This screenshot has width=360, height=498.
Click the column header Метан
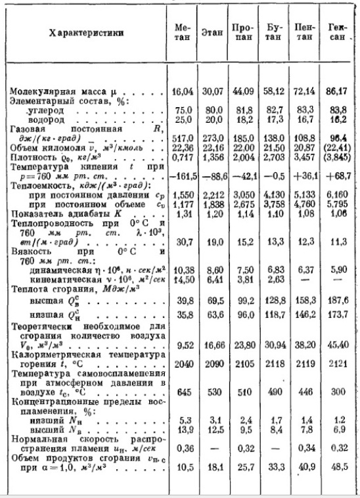(x=183, y=33)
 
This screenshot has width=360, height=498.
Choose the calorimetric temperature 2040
(x=182, y=363)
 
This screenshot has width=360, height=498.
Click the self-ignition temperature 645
(x=182, y=392)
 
